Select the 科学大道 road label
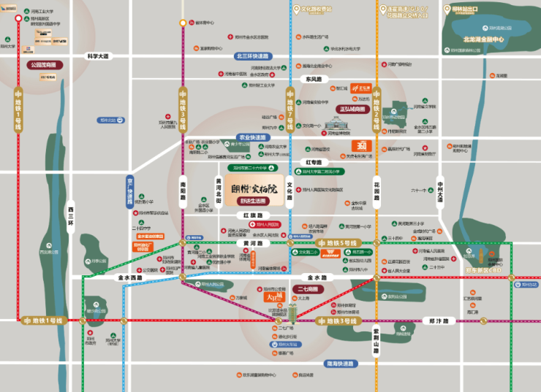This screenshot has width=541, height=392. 97,56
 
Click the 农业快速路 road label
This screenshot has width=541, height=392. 253,137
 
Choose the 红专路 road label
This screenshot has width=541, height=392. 314,162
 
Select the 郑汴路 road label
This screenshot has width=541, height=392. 442,320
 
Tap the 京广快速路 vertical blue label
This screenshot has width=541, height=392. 130,192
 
